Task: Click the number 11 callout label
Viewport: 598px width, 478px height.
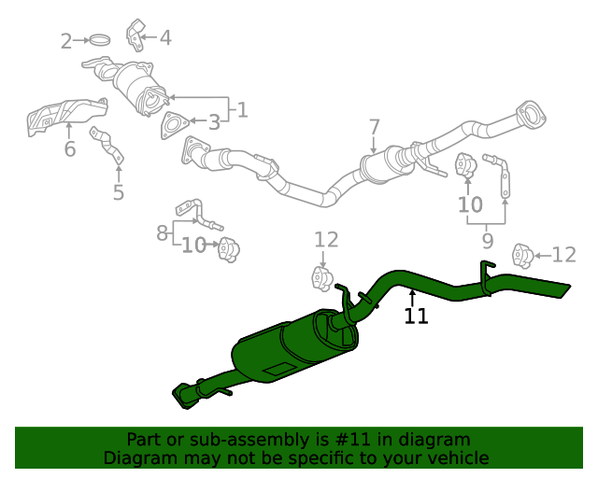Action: [x=416, y=316]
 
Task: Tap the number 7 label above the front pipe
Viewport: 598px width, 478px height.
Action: [x=374, y=127]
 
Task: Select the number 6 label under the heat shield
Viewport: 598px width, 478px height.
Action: [x=70, y=149]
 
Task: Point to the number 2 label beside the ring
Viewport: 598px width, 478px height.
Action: [x=66, y=41]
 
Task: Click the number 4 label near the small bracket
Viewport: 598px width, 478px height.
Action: [x=165, y=38]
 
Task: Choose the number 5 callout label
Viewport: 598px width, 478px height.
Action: [x=119, y=193]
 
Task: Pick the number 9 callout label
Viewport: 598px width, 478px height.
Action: [x=487, y=240]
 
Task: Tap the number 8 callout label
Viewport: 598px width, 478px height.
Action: [x=162, y=232]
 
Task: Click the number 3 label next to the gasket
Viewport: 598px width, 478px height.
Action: [x=214, y=121]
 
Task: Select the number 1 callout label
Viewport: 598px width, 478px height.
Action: [x=242, y=110]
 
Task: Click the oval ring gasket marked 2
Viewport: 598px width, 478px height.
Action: [x=100, y=40]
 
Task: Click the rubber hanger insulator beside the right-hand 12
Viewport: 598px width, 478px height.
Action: [x=523, y=255]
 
